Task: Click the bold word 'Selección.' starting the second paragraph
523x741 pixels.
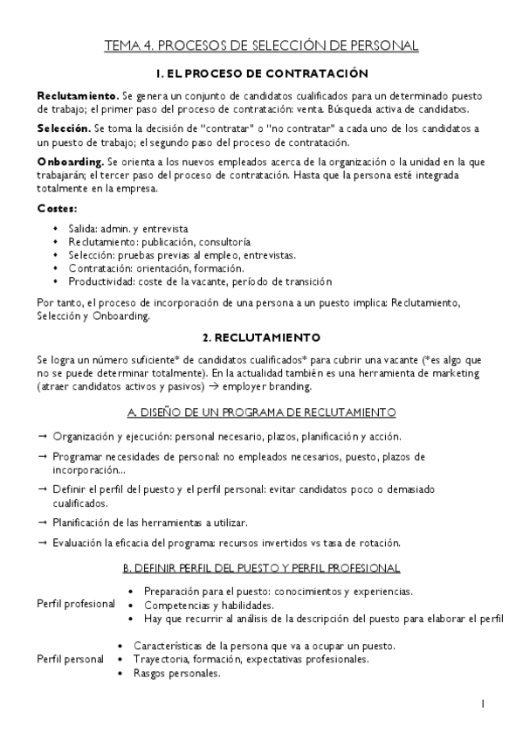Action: (x=65, y=128)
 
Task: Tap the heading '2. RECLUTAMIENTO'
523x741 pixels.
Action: (x=261, y=336)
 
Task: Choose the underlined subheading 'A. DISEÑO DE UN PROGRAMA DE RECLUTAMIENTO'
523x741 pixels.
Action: (x=261, y=412)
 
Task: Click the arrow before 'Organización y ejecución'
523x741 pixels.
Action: (x=43, y=435)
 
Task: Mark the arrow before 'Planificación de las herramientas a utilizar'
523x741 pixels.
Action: (x=43, y=523)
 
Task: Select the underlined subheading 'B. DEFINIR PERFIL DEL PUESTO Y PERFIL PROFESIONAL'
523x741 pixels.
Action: (x=261, y=568)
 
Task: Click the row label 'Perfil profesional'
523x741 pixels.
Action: (x=76, y=604)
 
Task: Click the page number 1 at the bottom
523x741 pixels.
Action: (x=483, y=703)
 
